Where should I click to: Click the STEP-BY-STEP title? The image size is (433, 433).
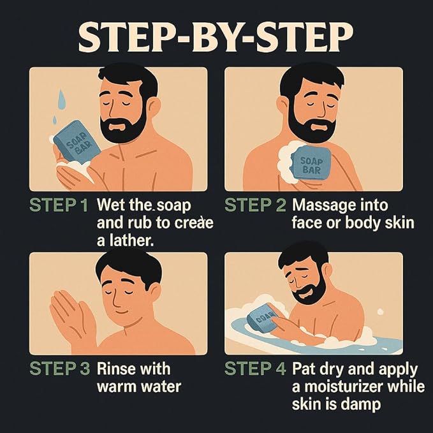tap(216, 38)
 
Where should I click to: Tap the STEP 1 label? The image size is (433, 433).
tap(59, 205)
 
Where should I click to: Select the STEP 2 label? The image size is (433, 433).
tap(256, 205)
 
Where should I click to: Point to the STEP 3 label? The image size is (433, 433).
tap(60, 369)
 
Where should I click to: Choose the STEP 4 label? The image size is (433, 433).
tap(255, 369)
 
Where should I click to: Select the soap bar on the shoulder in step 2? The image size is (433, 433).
tap(311, 163)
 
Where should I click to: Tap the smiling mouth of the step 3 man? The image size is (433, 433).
tap(122, 312)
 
